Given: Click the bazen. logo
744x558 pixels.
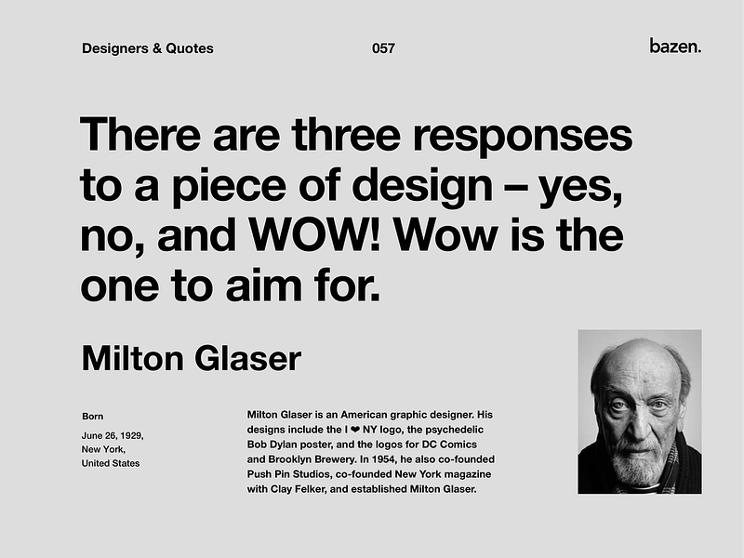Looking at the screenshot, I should click(675, 46).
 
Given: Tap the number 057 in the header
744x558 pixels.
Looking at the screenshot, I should click(382, 48).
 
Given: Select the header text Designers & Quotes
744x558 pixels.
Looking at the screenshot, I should click(148, 48).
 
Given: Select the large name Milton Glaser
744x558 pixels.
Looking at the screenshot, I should click(192, 358).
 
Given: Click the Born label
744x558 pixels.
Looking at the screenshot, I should click(92, 416).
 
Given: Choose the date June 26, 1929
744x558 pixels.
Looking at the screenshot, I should click(113, 435).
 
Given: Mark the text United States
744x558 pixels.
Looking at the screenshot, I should click(111, 463).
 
